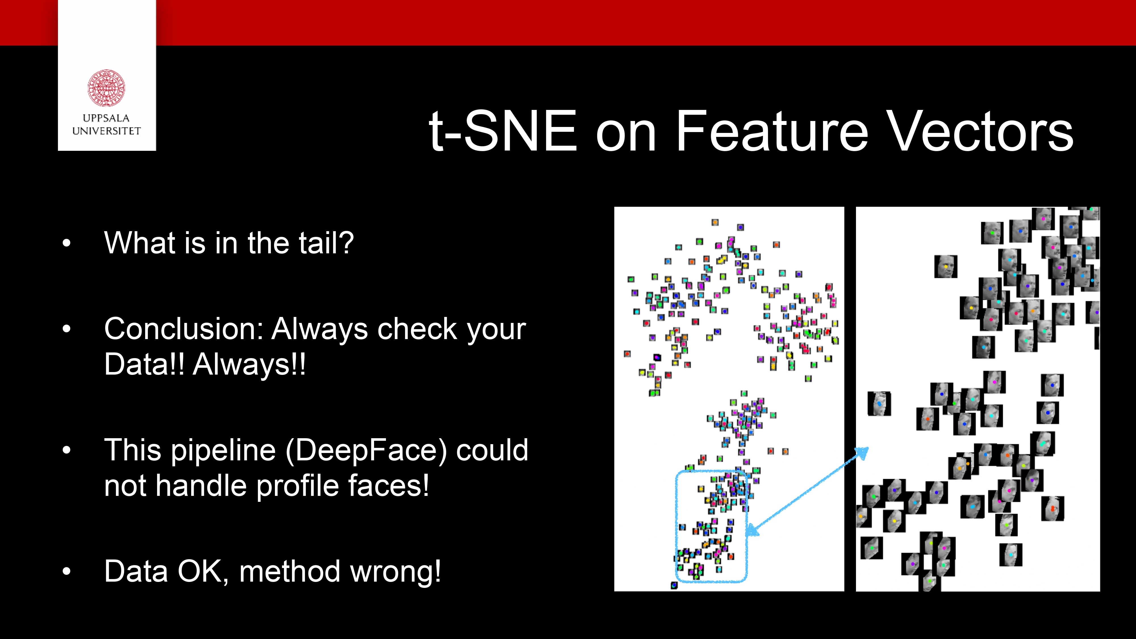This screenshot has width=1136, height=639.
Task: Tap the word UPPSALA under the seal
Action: tap(106, 118)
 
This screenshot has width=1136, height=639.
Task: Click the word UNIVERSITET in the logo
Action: tap(106, 131)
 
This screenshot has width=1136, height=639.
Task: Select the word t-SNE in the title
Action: tap(503, 131)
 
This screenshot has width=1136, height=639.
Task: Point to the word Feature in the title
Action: tap(772, 131)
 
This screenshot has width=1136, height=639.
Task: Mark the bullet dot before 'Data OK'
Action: tap(66, 571)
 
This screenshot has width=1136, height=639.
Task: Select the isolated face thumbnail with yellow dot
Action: tap(945, 266)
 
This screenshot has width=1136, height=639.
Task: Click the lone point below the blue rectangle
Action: tap(674, 585)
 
